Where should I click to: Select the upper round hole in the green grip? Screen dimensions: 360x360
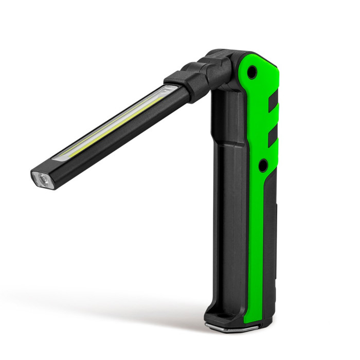click(251, 74)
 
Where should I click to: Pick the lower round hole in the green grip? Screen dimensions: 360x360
click(263, 166)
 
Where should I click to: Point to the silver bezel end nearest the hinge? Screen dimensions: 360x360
click(166, 91)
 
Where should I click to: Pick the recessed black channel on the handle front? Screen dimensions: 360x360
click(226, 206)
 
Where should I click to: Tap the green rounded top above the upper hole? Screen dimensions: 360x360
click(257, 59)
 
